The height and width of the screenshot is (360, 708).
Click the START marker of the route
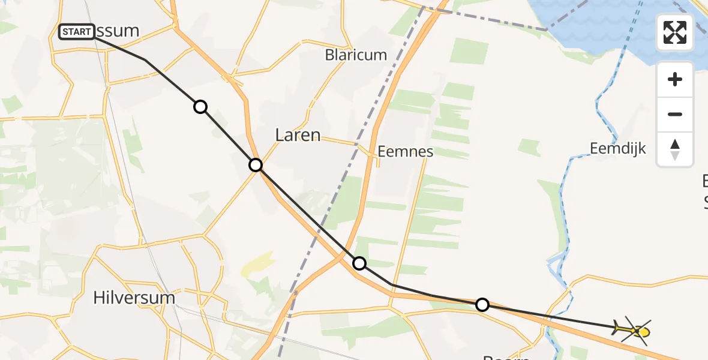click(x=77, y=31)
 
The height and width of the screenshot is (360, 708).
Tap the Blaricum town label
click(x=356, y=55)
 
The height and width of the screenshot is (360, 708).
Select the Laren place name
click(x=298, y=135)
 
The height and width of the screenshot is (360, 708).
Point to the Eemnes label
click(x=406, y=151)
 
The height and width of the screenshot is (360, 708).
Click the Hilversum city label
click(x=134, y=298)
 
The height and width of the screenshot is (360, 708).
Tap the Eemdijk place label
click(x=617, y=148)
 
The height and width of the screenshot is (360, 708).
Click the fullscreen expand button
click(x=675, y=32)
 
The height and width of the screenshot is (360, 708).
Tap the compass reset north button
click(x=675, y=149)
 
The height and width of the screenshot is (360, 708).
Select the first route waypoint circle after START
click(x=200, y=107)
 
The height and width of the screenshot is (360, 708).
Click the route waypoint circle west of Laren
click(x=256, y=164)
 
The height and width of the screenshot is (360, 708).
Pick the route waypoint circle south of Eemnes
click(x=359, y=263)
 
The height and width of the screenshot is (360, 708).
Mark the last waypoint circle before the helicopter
click(x=482, y=305)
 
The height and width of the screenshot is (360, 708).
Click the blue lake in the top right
click(x=600, y=24)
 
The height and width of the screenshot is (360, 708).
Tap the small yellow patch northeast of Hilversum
click(x=258, y=264)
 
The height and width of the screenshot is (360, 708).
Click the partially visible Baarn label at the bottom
click(x=506, y=356)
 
